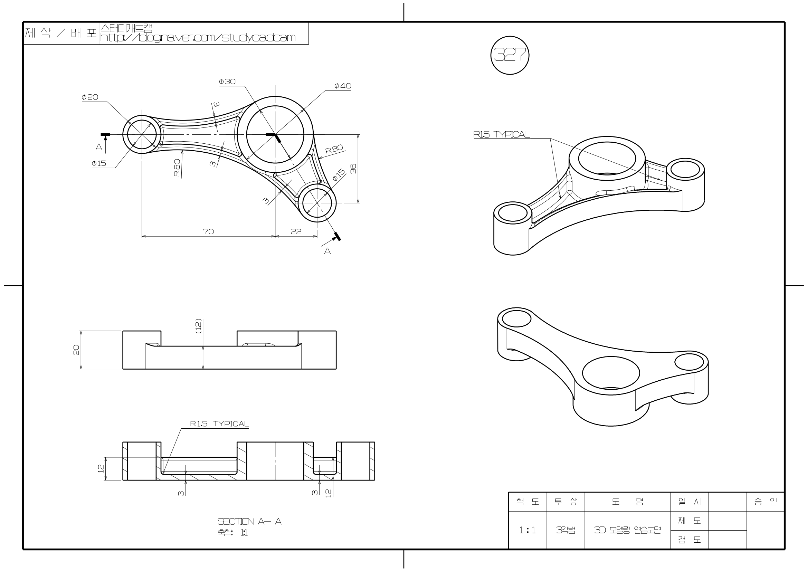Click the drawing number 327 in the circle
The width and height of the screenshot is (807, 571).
pos(510,55)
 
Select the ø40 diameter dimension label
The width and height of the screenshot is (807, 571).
pos(342,86)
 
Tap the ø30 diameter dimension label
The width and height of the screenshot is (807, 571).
pos(227,82)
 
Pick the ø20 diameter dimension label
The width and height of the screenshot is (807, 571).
pos(90,97)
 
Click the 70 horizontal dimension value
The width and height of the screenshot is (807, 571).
pos(209,231)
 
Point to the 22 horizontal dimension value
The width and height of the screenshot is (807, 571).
pos(296,231)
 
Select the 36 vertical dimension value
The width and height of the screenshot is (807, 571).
pos(353,169)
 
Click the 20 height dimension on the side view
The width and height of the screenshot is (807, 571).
pos(76,350)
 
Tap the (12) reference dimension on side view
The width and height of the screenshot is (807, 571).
pos(198,326)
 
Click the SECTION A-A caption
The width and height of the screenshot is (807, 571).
pos(250,521)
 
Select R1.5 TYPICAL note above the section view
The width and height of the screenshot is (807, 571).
pos(219,424)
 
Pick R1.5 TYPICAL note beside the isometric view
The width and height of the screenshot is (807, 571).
pos(501,134)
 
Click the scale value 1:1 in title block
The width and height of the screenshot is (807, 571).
pos(528,530)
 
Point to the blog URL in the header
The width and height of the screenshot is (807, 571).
pos(198,38)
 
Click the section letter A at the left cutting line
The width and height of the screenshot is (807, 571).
pos(99,147)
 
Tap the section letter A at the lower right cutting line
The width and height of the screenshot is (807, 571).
pos(327,251)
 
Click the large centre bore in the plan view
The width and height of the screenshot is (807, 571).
pos(275,134)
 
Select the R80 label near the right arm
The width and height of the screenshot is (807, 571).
pos(334,150)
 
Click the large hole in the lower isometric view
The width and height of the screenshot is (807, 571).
pos(611,373)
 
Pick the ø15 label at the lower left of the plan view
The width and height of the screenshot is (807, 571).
pos(99,163)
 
